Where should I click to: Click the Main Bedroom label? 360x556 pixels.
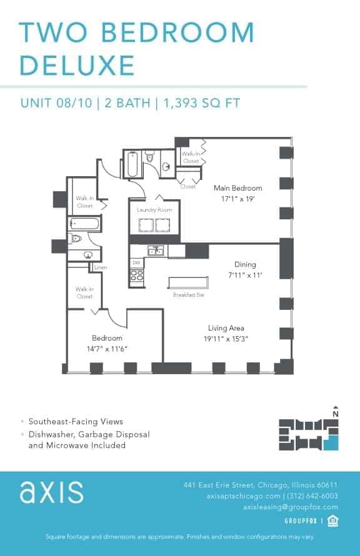[x=237, y=188]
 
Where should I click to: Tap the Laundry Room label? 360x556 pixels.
[x=154, y=211]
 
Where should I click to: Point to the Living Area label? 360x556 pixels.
[x=226, y=328]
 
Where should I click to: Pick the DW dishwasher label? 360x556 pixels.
[x=136, y=263]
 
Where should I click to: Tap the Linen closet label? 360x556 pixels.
[x=101, y=268]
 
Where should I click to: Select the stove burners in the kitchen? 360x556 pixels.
[x=137, y=275]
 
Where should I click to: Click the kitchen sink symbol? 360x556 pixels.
[x=154, y=251]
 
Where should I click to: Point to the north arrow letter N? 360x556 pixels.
[x=336, y=414]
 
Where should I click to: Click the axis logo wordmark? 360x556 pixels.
[x=51, y=492]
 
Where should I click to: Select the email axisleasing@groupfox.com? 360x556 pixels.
[x=290, y=507]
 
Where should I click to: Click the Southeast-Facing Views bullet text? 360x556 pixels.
[x=76, y=422]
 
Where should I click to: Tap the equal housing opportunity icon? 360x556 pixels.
[x=333, y=520]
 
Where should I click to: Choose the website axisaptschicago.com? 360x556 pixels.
[x=241, y=496]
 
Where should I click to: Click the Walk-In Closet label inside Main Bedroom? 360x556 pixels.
[x=191, y=157]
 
